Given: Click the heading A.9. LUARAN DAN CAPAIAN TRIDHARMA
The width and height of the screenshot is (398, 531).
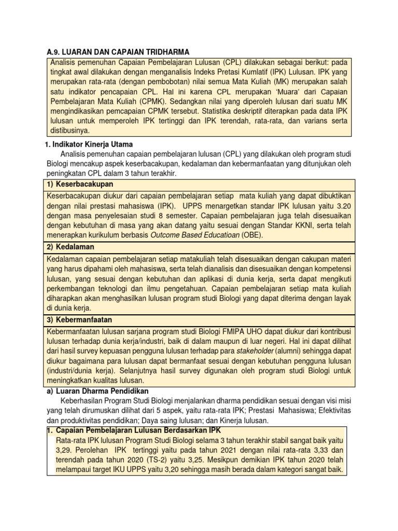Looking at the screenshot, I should click(115, 52).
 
